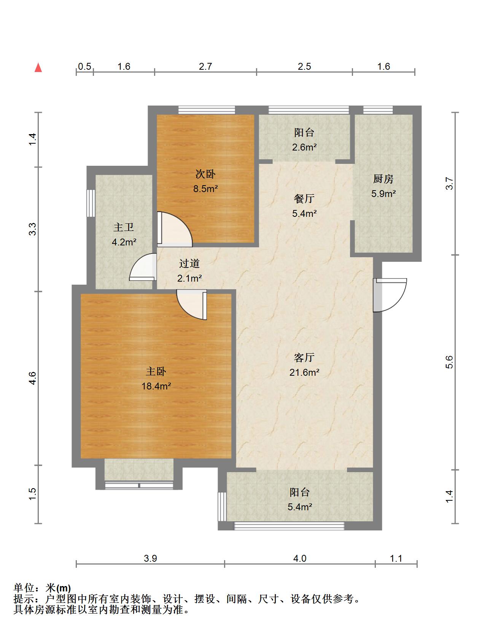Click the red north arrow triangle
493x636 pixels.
pyautogui.click(x=38, y=68)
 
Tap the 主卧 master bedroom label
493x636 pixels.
pyautogui.click(x=156, y=371)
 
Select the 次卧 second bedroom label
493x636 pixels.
pyautogui.click(x=205, y=174)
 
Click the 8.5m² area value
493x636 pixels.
pyautogui.click(x=205, y=189)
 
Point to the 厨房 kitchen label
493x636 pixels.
pyautogui.click(x=383, y=179)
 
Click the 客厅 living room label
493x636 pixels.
pyautogui.click(x=304, y=357)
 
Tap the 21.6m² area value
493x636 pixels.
pyautogui.click(x=304, y=372)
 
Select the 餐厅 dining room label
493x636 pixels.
pyautogui.click(x=304, y=199)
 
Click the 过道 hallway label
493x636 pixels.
pyautogui.click(x=189, y=263)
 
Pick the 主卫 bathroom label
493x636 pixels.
pyautogui.click(x=124, y=227)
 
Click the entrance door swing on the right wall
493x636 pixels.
pyautogui.click(x=390, y=295)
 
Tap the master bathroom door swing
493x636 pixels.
pyautogui.click(x=143, y=267)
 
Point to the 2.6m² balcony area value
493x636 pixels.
pyautogui.click(x=304, y=147)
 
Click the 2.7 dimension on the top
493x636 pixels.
pyautogui.click(x=205, y=66)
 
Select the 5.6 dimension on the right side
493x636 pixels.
pyautogui.click(x=450, y=362)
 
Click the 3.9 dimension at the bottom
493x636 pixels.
pyautogui.click(x=150, y=559)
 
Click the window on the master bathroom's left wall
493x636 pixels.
pyautogui.click(x=91, y=203)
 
